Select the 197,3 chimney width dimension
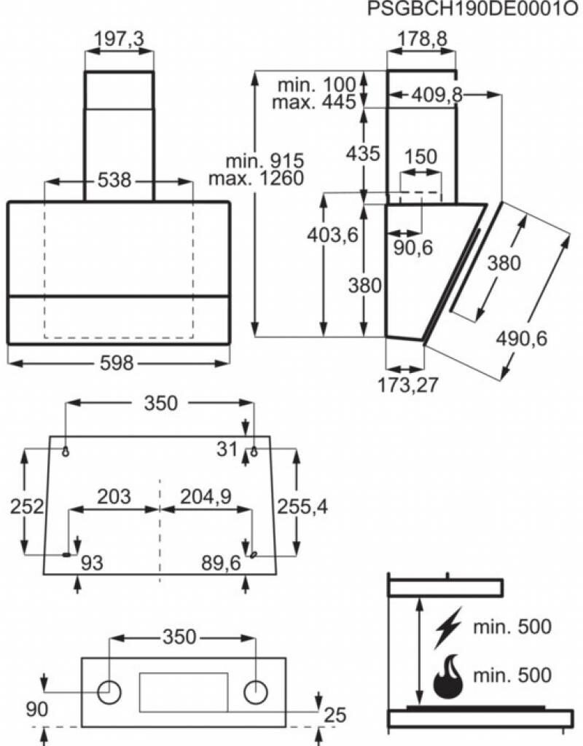click(119, 40)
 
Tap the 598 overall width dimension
click(117, 364)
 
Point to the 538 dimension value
click(115, 180)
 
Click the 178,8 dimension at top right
click(422, 40)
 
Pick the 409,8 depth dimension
click(437, 94)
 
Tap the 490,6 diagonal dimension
click(522, 337)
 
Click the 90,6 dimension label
click(413, 248)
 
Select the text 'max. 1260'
click(255, 178)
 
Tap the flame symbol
click(447, 677)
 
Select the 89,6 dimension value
click(222, 563)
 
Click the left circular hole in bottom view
click(110, 691)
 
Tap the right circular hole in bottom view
click(256, 691)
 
